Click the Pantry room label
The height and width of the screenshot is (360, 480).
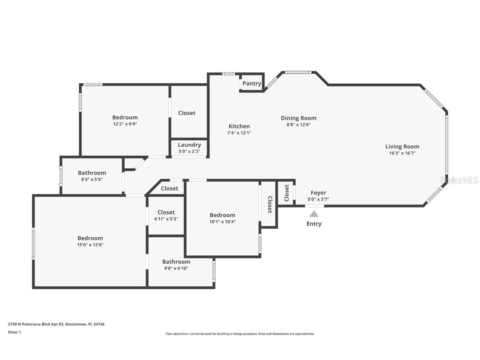click(252, 83)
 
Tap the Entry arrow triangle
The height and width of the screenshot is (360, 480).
click(314, 214)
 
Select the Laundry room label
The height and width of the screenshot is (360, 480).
click(189, 145)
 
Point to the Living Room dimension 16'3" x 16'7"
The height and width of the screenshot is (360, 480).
click(402, 153)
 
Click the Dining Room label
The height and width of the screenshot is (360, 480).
click(298, 118)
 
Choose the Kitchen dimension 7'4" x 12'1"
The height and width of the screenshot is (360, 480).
click(239, 133)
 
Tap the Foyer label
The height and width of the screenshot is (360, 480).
click(318, 192)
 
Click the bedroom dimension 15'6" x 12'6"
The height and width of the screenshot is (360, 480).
click(90, 245)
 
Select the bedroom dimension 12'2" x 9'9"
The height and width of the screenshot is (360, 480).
click(125, 124)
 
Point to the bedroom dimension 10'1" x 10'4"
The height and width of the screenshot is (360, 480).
click(222, 222)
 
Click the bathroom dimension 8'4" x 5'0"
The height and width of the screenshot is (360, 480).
click(92, 179)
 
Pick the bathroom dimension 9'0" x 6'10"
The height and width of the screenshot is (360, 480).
click(176, 268)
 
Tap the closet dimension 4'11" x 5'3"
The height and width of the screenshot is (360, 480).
click(166, 219)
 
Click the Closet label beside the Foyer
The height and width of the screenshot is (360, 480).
click(287, 193)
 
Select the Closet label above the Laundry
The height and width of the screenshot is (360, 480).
click(187, 113)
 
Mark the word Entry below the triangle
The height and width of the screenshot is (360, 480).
click(314, 224)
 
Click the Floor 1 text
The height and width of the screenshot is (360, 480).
click(14, 332)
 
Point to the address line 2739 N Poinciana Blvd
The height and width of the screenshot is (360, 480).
click(56, 324)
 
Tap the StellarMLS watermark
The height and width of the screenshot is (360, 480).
click(460, 180)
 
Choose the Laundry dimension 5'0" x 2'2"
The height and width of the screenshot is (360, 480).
click(189, 151)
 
